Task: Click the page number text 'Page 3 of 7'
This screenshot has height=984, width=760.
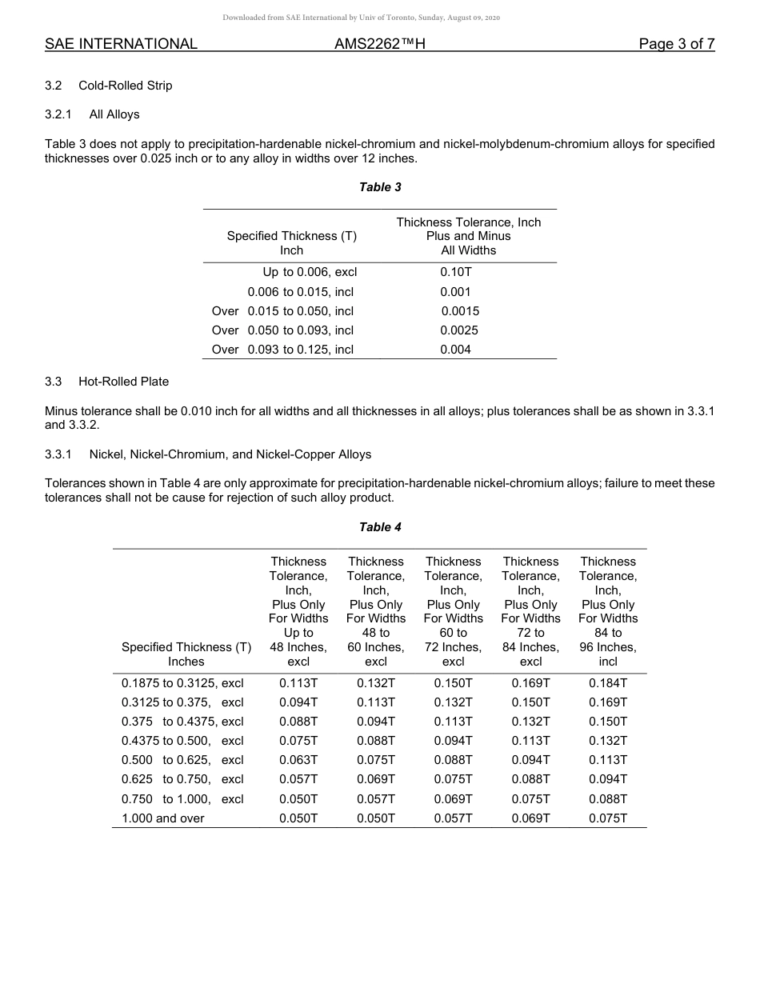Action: (676, 44)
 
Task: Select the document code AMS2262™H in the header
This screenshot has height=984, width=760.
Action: (379, 44)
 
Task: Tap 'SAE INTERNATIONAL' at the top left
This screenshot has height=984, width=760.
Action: (121, 44)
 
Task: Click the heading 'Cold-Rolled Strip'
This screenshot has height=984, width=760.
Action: (125, 86)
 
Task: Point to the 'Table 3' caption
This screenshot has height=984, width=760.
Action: (380, 187)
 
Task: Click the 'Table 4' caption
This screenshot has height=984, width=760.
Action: (380, 527)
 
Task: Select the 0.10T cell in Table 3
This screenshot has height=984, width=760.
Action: (456, 272)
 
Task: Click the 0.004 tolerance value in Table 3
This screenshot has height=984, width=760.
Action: (456, 350)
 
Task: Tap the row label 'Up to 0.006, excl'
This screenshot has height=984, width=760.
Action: (310, 272)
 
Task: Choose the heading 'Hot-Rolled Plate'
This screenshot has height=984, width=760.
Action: (123, 382)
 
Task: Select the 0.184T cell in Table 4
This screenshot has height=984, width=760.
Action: (608, 683)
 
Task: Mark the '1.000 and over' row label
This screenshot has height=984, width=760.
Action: (163, 818)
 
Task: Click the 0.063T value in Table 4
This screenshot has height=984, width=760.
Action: (298, 760)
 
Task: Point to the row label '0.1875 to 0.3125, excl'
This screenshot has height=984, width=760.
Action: (182, 683)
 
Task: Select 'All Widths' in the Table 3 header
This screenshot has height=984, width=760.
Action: (468, 250)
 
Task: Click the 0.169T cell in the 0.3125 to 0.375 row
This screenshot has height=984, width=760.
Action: (608, 702)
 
